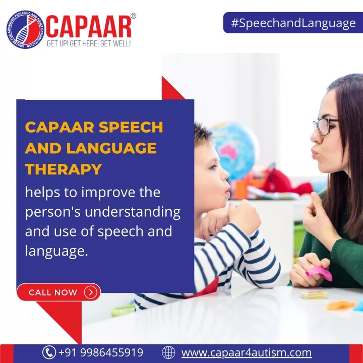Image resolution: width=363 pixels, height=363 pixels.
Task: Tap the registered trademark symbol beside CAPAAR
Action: click(133, 16)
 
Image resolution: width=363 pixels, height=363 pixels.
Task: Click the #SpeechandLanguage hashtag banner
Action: click(293, 23)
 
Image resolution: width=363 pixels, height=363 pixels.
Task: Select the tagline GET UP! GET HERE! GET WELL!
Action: click(89, 43)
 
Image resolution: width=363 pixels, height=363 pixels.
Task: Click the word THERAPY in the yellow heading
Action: click(64, 169)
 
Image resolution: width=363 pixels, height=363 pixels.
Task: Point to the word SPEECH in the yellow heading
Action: click(131, 127)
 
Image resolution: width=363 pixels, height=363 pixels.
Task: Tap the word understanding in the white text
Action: click(133, 212)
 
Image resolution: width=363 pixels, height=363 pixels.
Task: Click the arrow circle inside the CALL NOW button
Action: click(91, 292)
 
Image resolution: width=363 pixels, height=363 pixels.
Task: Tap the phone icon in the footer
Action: click(49, 352)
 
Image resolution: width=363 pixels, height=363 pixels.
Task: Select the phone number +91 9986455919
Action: click(101, 352)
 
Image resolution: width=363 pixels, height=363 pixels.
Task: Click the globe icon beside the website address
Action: click(168, 352)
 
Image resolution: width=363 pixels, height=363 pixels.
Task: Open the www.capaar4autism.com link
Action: click(247, 352)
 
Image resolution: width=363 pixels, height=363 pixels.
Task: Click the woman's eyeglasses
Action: click(325, 126)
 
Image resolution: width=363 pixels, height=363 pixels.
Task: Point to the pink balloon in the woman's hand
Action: click(319, 273)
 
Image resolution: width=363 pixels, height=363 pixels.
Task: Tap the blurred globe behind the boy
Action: click(234, 150)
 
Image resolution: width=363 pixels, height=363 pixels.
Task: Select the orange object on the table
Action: click(341, 306)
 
